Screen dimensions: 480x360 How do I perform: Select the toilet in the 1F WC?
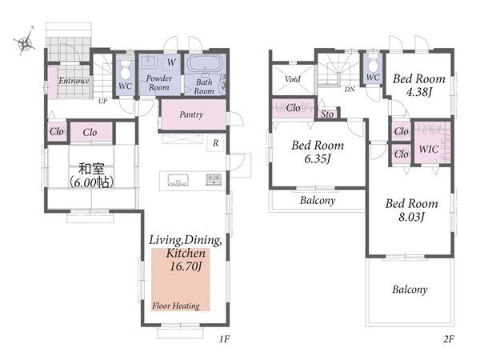click(x=125, y=70)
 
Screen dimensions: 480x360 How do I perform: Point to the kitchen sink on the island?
click(x=178, y=180)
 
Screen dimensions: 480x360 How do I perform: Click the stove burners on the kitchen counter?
click(x=214, y=179)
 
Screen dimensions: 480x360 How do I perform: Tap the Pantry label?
click(x=191, y=114)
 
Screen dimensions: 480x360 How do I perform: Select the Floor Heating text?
click(x=176, y=306)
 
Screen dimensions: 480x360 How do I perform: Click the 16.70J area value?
click(x=186, y=266)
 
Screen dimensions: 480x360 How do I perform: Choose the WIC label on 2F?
click(x=429, y=150)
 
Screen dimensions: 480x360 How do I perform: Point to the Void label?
click(x=292, y=79)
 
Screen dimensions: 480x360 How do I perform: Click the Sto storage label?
click(x=327, y=114)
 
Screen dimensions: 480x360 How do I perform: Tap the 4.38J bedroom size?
click(x=419, y=91)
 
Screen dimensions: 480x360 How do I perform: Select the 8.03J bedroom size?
click(x=412, y=217)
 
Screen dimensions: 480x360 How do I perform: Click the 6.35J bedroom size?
click(x=318, y=158)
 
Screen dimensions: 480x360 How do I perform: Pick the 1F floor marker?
click(x=224, y=339)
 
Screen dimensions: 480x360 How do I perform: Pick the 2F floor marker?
click(x=449, y=339)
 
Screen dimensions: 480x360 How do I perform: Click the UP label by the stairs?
click(x=102, y=101)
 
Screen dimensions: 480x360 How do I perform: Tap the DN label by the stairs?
click(x=350, y=90)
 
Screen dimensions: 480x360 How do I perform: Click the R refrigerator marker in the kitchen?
click(x=216, y=143)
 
